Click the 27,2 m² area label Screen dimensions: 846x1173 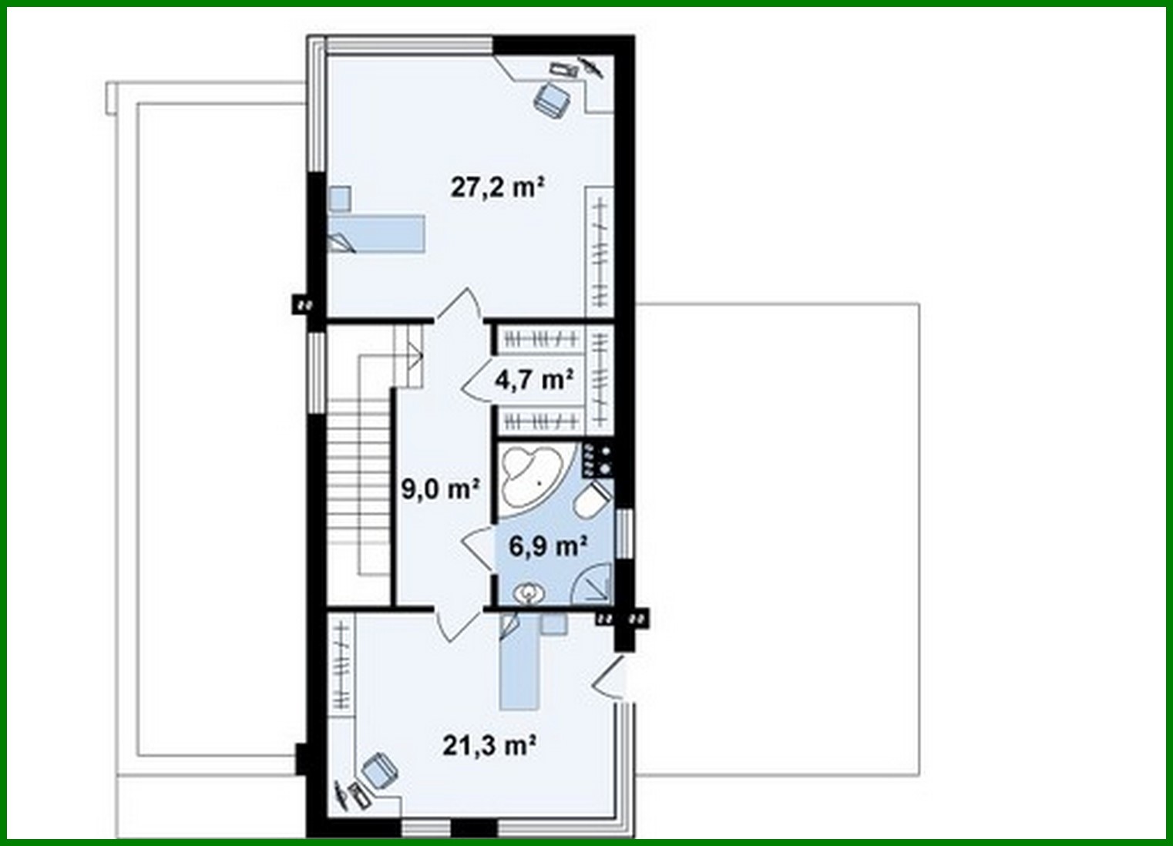coord(498,187)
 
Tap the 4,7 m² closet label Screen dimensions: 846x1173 coord(534,380)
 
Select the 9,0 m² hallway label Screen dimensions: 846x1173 coord(440,488)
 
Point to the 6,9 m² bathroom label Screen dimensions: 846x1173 coord(549,546)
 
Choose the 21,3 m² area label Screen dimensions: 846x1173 coord(489,745)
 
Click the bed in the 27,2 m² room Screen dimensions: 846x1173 coord(377,233)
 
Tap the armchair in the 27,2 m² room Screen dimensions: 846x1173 coord(552,99)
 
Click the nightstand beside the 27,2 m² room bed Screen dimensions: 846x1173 coord(339,198)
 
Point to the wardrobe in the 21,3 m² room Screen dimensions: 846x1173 coord(341,666)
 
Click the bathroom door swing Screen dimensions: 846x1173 coord(479,549)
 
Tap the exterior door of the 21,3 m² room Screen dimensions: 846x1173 coord(611,679)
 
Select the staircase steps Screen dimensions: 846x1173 coord(358,493)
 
